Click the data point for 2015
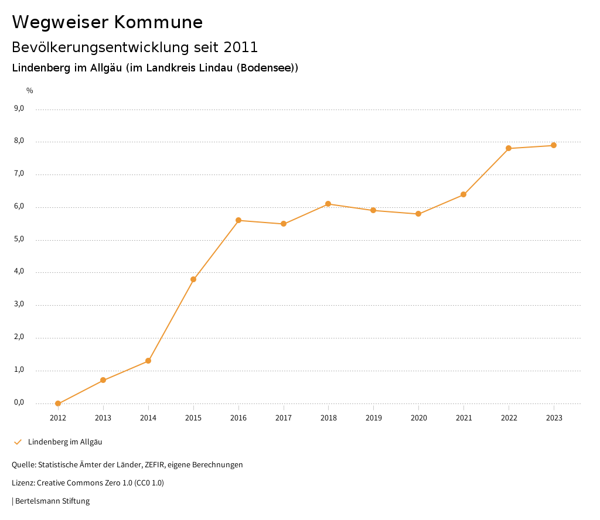[x=193, y=279]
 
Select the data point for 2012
[x=58, y=403]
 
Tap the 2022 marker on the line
[x=509, y=148]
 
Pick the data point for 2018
[x=328, y=204]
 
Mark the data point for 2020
[x=418, y=214]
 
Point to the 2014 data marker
[x=148, y=361]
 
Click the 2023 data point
[x=554, y=145]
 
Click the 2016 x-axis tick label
[x=238, y=418]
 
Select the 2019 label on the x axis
[x=373, y=418]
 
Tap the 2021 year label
[x=463, y=418]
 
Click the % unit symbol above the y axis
[x=30, y=91]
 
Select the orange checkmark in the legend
[x=18, y=442]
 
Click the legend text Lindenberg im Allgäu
[x=65, y=442]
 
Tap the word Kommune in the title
[x=158, y=22]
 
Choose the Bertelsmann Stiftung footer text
[x=52, y=501]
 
